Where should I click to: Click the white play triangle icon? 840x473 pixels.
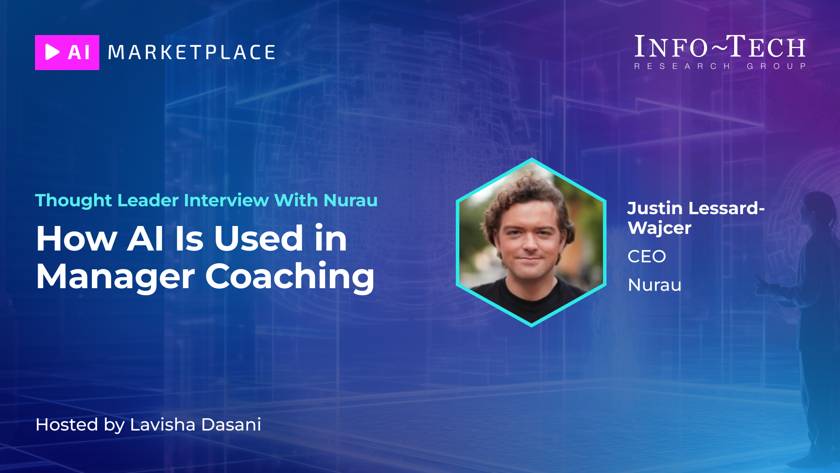[x=52, y=52]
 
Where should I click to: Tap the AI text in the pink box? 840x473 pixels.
[x=79, y=53]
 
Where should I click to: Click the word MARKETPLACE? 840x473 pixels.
[x=192, y=53]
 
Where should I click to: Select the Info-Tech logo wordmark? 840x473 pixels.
[x=720, y=47]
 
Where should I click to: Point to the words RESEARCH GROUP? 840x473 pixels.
[x=720, y=66]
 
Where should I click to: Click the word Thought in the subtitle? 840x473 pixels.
[x=73, y=201]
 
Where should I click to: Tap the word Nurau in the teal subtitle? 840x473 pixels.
[x=350, y=201]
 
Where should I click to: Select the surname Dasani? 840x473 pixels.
[x=231, y=424]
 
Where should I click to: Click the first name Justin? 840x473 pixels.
[x=655, y=208]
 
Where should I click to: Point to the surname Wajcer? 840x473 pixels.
[x=659, y=228]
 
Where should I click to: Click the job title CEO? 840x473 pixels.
[x=647, y=256]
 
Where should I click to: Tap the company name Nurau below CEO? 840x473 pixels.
[x=654, y=285]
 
